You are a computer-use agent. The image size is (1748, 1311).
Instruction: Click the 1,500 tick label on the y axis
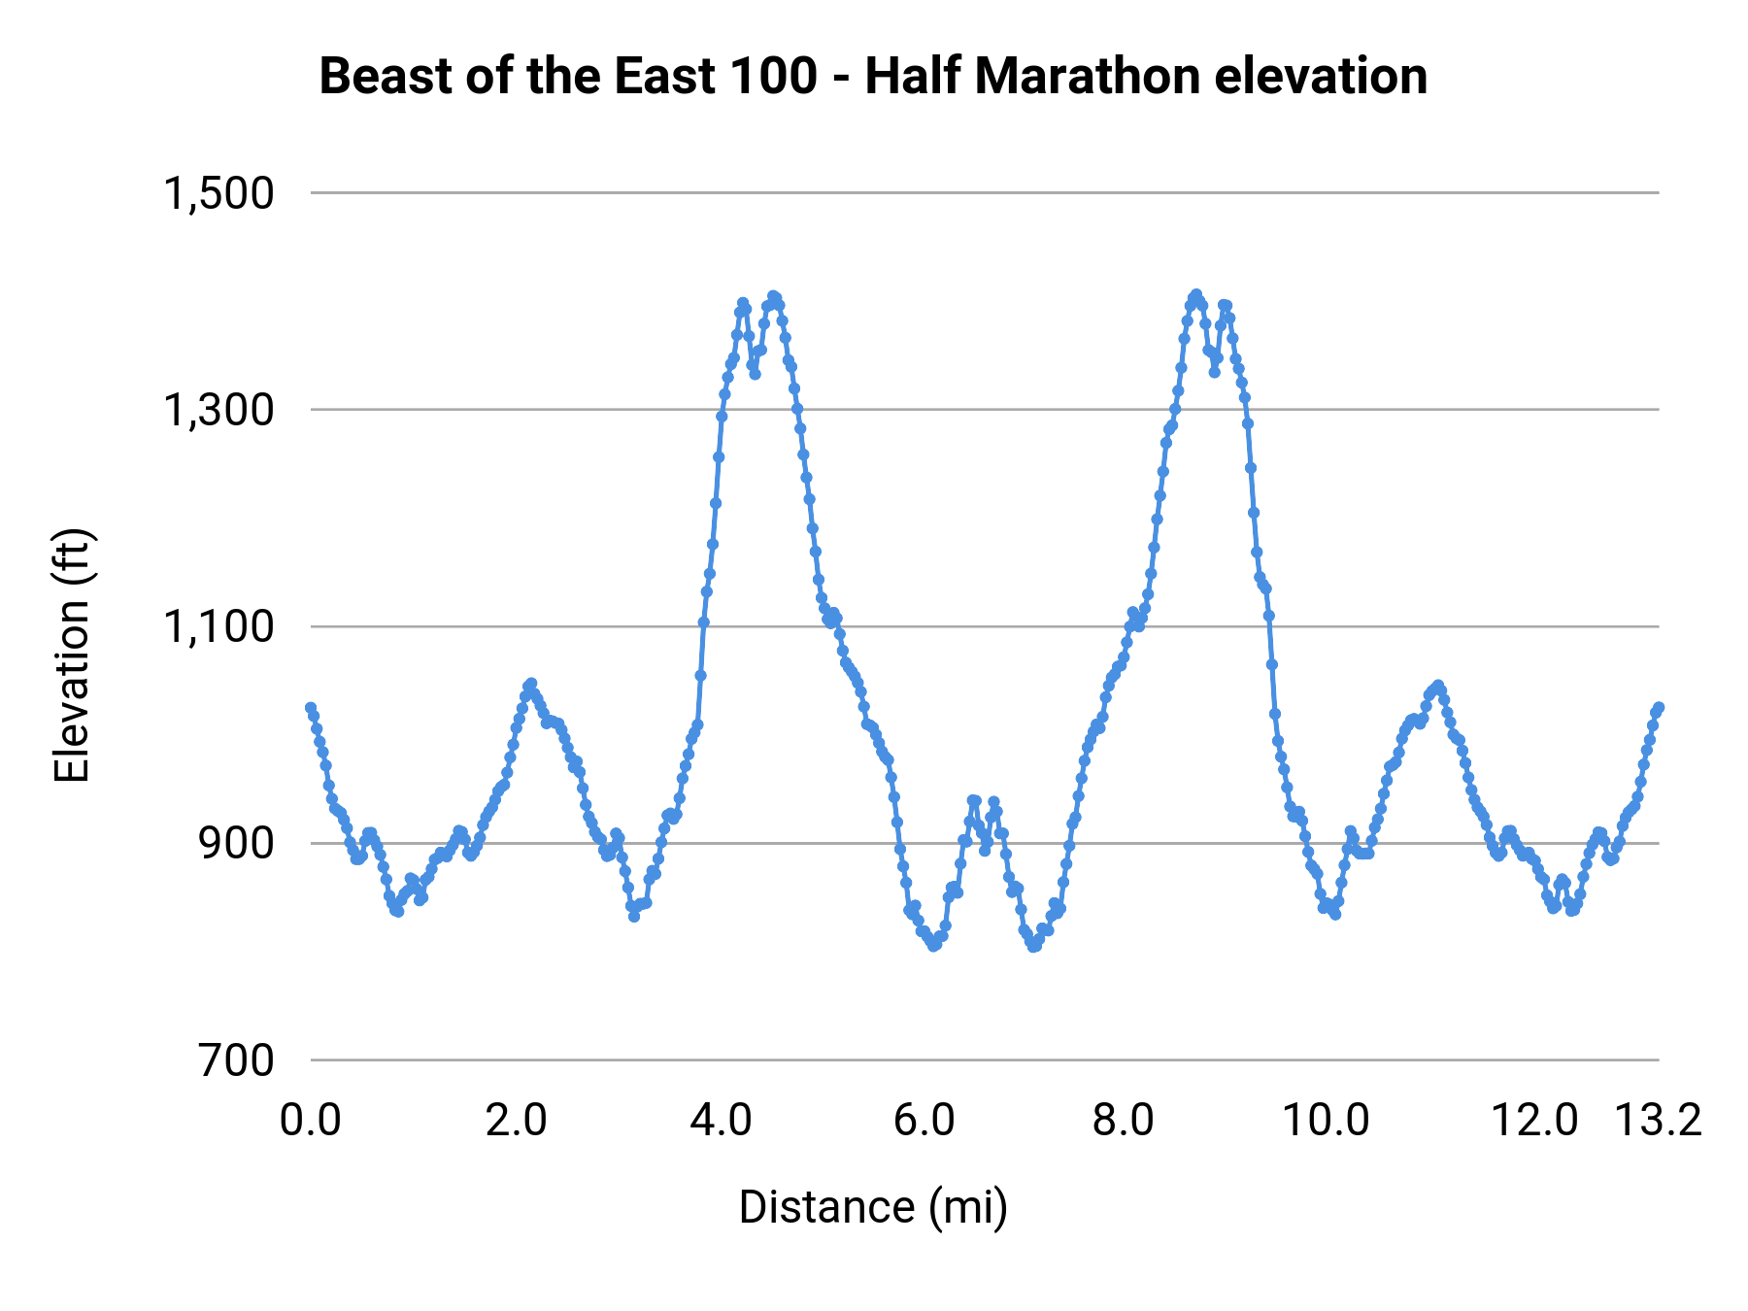pyautogui.click(x=218, y=193)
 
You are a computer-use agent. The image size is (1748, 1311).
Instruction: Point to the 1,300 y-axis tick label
pyautogui.click(x=218, y=410)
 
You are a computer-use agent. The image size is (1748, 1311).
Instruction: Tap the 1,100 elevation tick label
pyautogui.click(x=218, y=627)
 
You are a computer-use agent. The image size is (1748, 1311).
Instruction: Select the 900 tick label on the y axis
pyautogui.click(x=237, y=844)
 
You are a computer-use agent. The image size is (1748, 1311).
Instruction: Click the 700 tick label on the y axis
pyautogui.click(x=237, y=1060)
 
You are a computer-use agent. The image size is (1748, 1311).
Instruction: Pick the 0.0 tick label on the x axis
pyautogui.click(x=311, y=1121)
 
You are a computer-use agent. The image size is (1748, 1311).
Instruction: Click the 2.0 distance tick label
pyautogui.click(x=517, y=1121)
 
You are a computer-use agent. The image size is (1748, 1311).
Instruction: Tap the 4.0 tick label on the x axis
pyautogui.click(x=721, y=1121)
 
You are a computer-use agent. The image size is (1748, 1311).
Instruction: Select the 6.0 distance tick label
pyautogui.click(x=924, y=1121)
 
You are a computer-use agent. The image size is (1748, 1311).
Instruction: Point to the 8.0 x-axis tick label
pyautogui.click(x=1123, y=1121)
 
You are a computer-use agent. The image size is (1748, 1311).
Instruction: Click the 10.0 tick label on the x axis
pyautogui.click(x=1326, y=1121)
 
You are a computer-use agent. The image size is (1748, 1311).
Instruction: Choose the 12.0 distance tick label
pyautogui.click(x=1534, y=1121)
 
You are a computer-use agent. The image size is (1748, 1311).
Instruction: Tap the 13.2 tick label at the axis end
pyautogui.click(x=1658, y=1121)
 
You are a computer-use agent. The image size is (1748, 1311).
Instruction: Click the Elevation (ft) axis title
pyautogui.click(x=72, y=655)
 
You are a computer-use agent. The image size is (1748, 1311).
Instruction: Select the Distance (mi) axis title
pyautogui.click(x=873, y=1207)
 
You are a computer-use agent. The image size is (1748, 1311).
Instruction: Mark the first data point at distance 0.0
pyautogui.click(x=311, y=708)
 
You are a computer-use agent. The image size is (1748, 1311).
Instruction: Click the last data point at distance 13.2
pyautogui.click(x=1659, y=708)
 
